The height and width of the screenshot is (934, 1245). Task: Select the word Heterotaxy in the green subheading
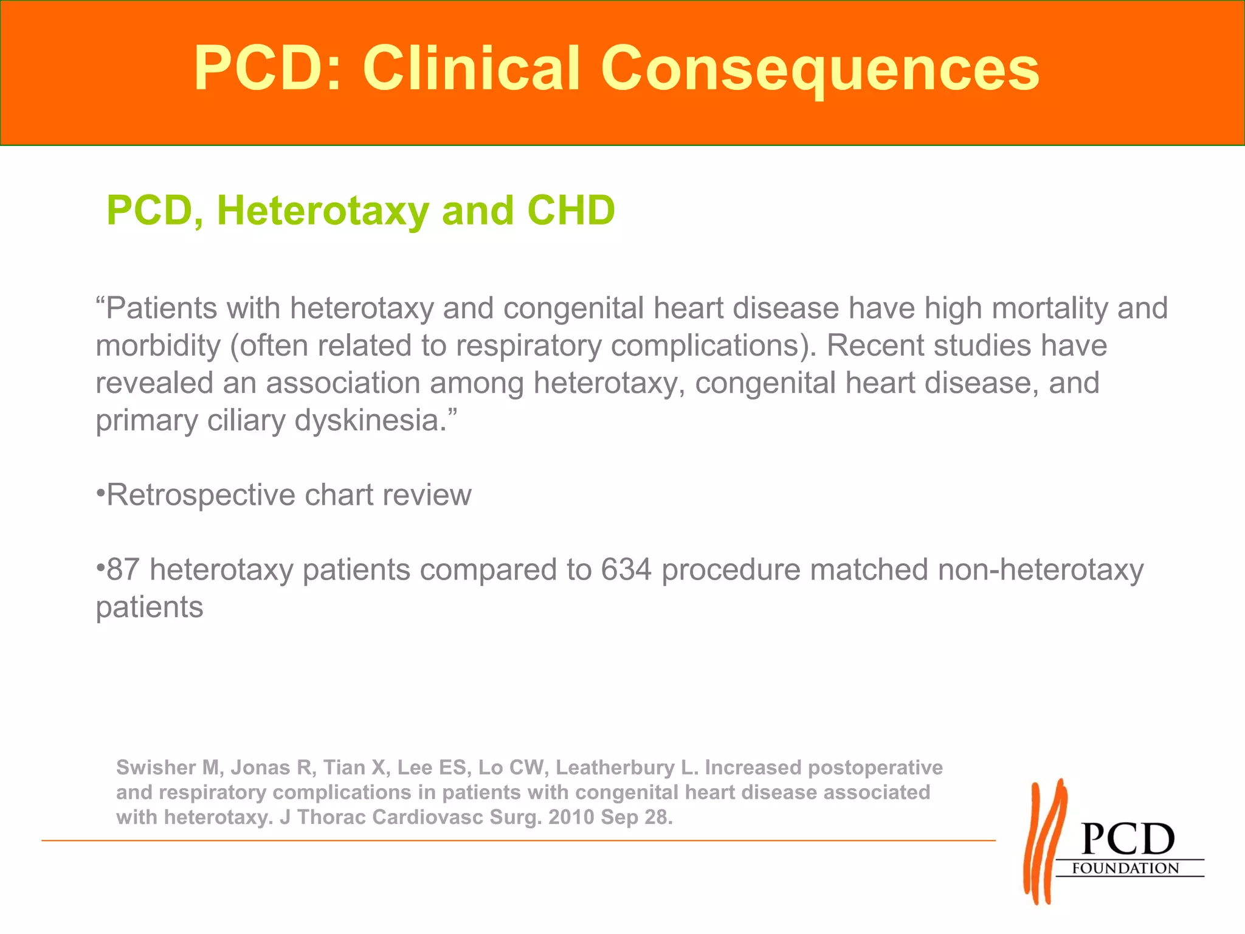[323, 211]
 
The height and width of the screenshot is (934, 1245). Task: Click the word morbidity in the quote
[158, 346]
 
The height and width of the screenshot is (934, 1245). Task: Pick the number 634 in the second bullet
[626, 570]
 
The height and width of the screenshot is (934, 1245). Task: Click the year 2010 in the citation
[571, 817]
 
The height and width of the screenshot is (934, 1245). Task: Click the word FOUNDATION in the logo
[1125, 868]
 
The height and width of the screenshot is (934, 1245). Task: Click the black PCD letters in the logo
[1128, 840]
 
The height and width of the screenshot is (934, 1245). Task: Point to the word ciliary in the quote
[246, 421]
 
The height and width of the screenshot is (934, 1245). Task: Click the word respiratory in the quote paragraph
[528, 346]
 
